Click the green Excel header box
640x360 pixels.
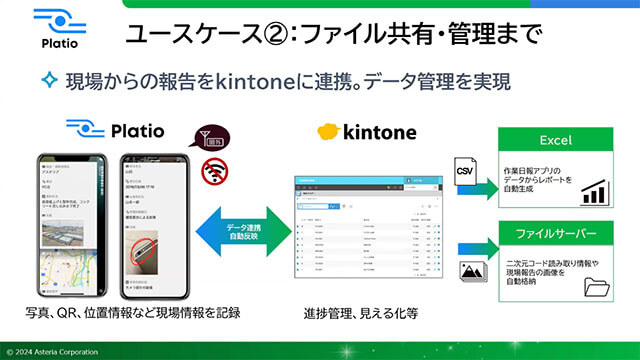pyautogui.click(x=554, y=139)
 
